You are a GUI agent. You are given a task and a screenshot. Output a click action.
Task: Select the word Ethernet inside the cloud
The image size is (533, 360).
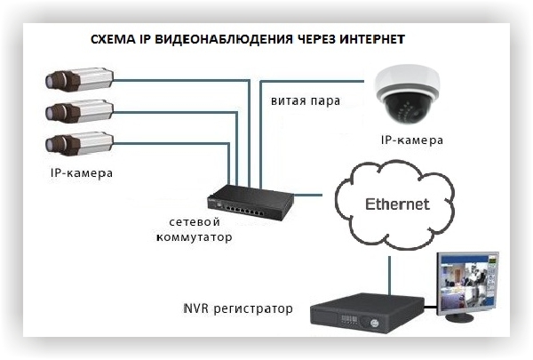point(397,204)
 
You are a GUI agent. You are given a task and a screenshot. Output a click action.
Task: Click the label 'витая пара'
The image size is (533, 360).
point(306,100)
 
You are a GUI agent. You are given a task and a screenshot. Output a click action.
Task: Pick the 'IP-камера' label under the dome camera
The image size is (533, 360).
point(412,140)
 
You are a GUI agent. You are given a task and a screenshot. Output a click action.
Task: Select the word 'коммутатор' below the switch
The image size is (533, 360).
point(194,237)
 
